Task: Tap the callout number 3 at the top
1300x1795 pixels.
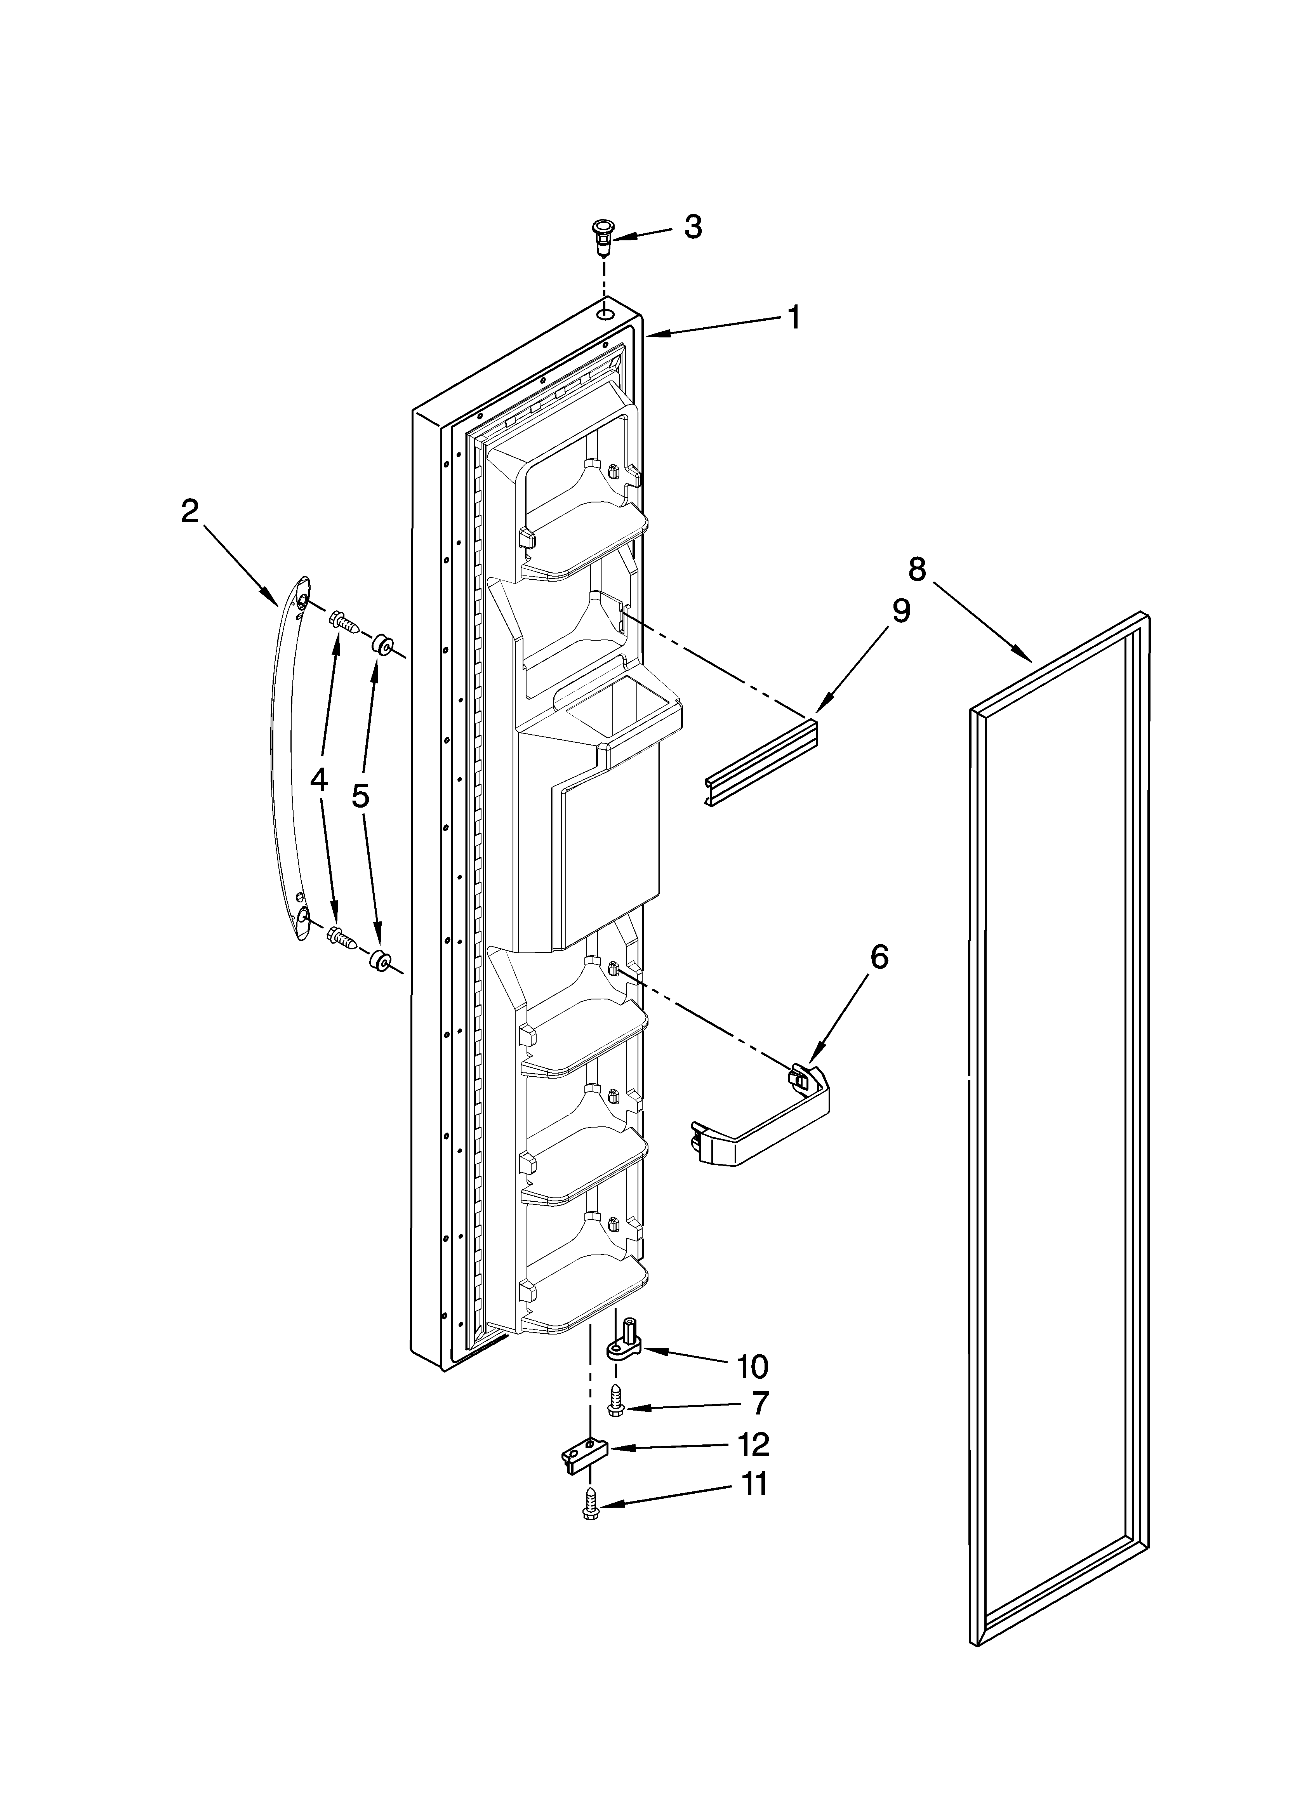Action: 693,227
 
